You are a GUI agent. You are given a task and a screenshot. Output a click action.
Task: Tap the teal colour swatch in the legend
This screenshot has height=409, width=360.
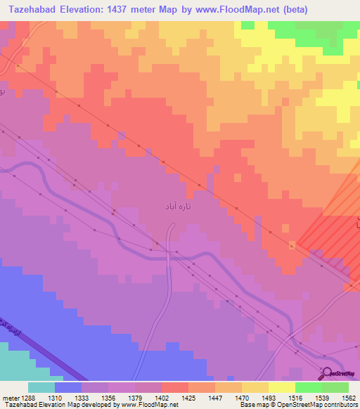pos(41,387)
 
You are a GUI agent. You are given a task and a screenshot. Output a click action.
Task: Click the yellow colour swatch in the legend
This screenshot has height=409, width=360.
pos(282,387)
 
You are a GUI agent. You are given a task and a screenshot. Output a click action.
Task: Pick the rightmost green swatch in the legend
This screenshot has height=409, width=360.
pos(335,387)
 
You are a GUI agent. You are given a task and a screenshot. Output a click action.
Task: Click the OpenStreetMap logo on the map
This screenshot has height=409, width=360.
pos(340,374)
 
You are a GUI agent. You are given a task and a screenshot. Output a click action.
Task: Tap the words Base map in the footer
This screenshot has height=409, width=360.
pos(250,405)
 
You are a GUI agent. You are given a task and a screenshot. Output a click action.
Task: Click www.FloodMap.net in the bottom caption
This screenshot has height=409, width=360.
pos(149,405)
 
